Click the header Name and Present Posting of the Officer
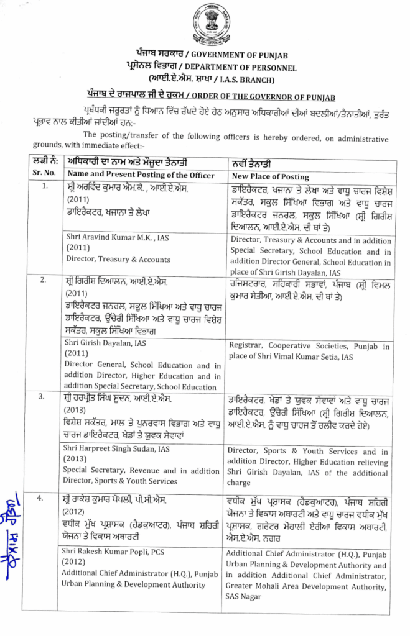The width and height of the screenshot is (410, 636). pos(141,175)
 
